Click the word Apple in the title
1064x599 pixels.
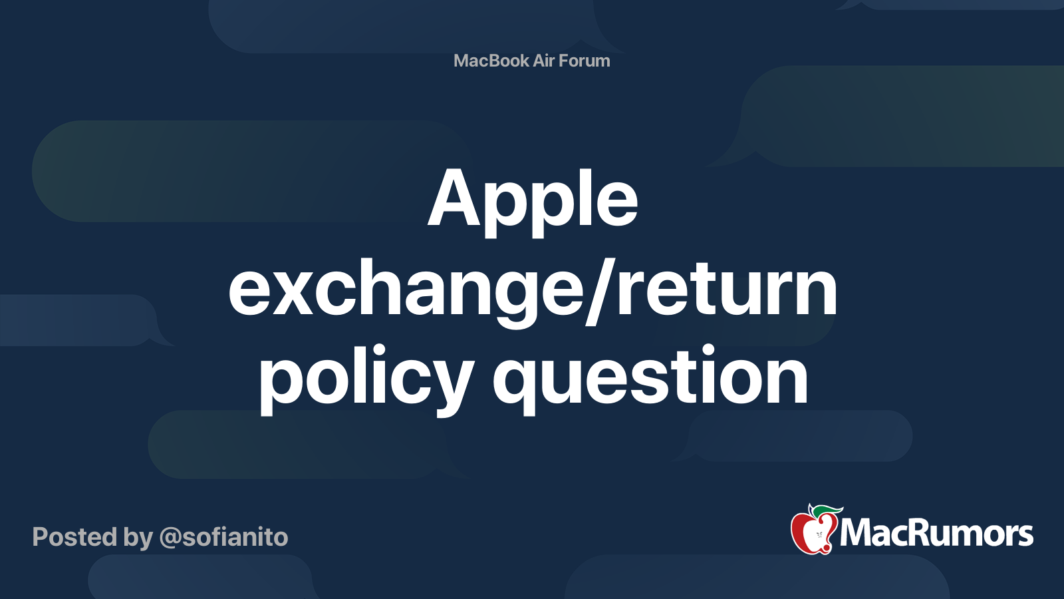click(x=533, y=202)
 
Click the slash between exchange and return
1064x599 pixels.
click(x=601, y=291)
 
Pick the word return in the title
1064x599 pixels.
click(x=728, y=291)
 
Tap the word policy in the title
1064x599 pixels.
click(x=366, y=380)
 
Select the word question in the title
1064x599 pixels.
click(x=650, y=380)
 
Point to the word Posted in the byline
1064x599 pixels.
click(x=74, y=537)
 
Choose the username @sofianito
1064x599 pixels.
click(x=223, y=538)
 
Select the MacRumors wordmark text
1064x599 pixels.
click(x=936, y=533)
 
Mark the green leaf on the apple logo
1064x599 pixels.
click(x=827, y=510)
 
